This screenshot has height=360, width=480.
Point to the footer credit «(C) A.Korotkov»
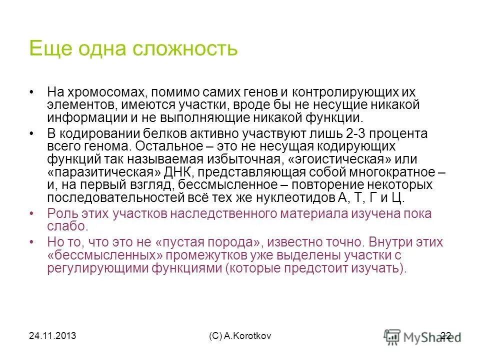pos(240,336)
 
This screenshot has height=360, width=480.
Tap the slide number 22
pos(446,336)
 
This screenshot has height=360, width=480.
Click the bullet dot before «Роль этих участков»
pos(32,213)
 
